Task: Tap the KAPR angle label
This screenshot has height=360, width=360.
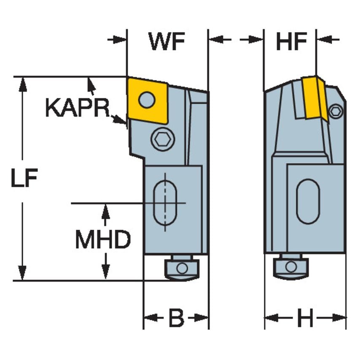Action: [x=76, y=108]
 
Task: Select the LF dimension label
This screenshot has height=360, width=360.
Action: [x=24, y=179]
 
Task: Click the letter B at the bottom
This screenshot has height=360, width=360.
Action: [x=176, y=319]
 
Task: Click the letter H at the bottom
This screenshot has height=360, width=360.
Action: [x=305, y=319]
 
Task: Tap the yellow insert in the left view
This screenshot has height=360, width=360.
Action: [x=148, y=100]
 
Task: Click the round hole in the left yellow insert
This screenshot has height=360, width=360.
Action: [x=146, y=100]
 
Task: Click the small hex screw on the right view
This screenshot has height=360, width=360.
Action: [x=336, y=111]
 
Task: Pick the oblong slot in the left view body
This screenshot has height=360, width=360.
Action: [x=165, y=203]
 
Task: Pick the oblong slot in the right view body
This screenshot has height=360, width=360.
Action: [x=308, y=201]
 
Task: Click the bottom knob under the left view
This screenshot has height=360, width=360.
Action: [x=182, y=268]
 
